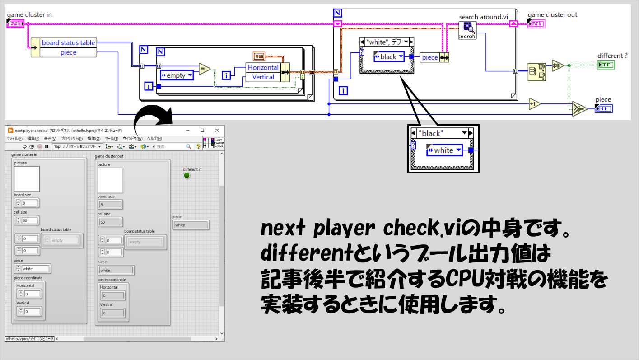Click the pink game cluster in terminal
pyautogui.click(x=15, y=23)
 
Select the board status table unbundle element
pyautogui.click(x=68, y=43)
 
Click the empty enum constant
pyautogui.click(x=177, y=75)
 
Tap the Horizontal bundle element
pyautogui.click(x=263, y=67)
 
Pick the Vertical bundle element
pyautogui.click(x=263, y=77)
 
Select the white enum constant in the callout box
pyautogui.click(x=444, y=150)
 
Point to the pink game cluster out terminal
pyautogui.click(x=536, y=23)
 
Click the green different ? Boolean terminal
pyautogui.click(x=606, y=65)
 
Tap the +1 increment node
pyautogui.click(x=535, y=104)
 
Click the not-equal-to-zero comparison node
pyautogui.click(x=557, y=65)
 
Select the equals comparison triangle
pyautogui.click(x=205, y=70)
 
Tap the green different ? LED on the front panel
pyautogui.click(x=187, y=175)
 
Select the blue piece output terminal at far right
pyautogui.click(x=603, y=109)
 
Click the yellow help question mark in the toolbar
pyautogui.click(x=198, y=146)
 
